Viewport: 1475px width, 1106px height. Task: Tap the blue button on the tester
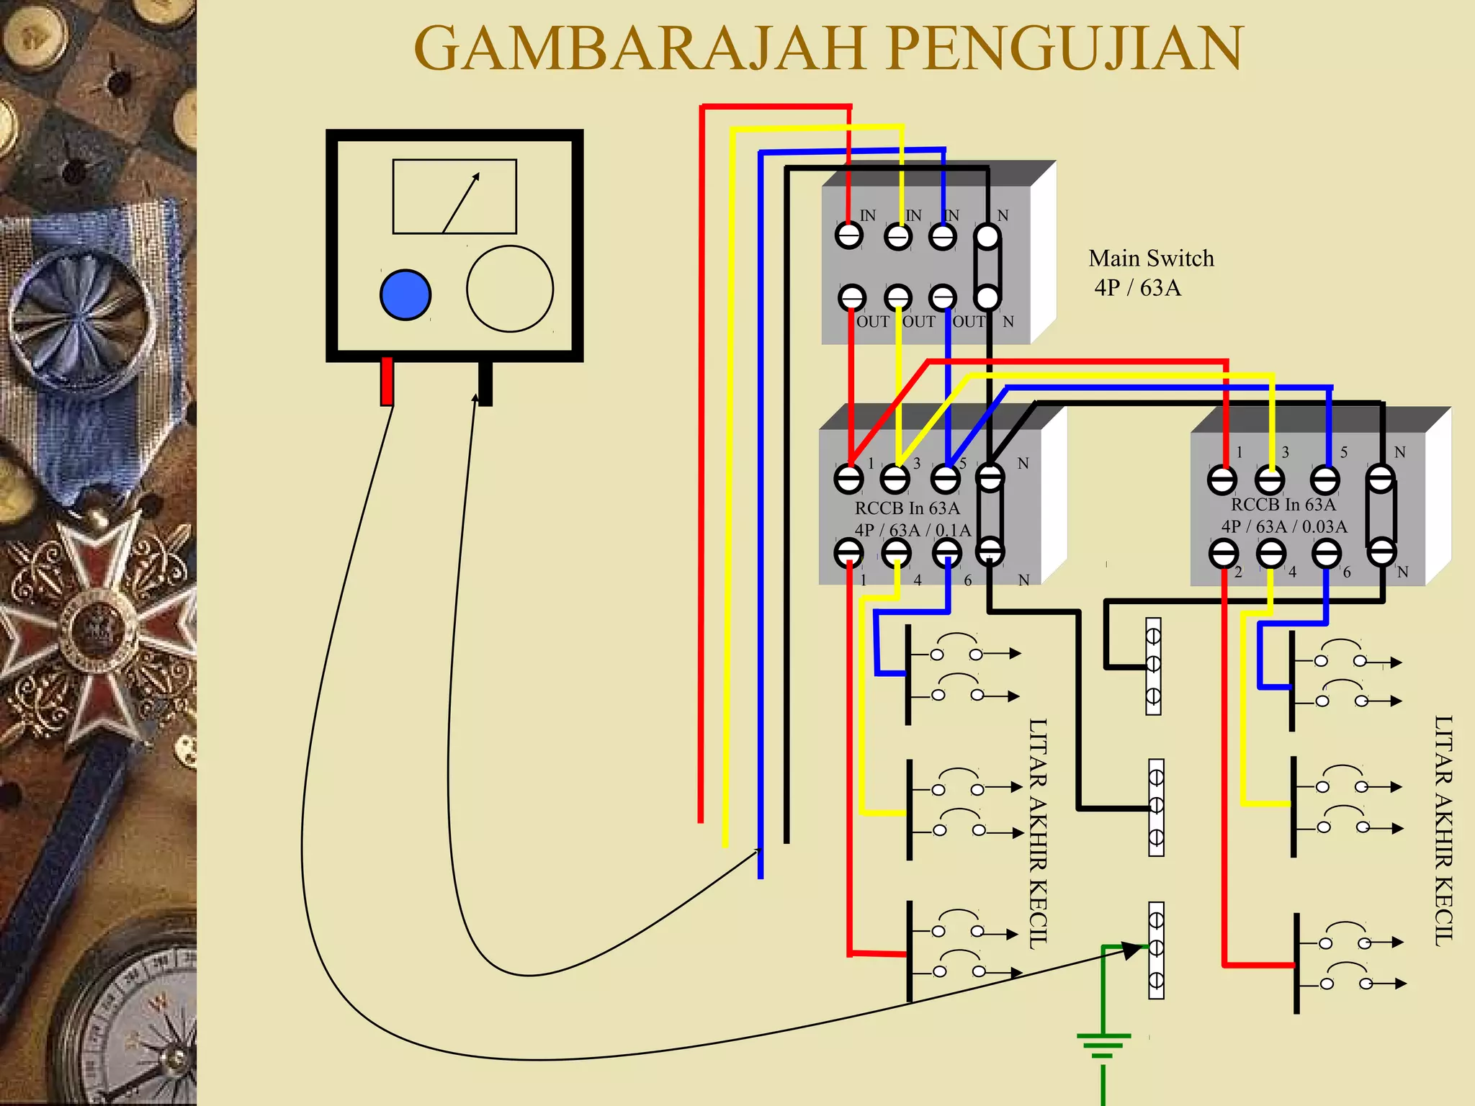405,295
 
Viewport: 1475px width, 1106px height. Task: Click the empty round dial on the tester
510,289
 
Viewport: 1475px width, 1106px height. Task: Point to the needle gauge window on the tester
454,197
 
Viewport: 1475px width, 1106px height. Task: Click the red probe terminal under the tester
387,381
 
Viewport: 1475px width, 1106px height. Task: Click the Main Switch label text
1151,258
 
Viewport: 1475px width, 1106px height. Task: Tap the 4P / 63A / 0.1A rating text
913,531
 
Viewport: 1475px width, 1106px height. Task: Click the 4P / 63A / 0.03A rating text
1284,527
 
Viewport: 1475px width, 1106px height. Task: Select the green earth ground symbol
1103,1044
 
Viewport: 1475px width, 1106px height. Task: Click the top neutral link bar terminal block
1153,666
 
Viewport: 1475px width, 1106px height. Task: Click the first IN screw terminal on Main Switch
849,235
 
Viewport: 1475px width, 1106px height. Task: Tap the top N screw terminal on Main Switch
987,235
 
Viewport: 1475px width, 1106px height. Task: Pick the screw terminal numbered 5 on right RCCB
1324,480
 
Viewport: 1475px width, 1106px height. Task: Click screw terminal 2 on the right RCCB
1224,554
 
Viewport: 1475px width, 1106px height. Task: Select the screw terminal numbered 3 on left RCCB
895,478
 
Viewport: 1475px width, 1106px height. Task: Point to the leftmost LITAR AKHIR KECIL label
1037,834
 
